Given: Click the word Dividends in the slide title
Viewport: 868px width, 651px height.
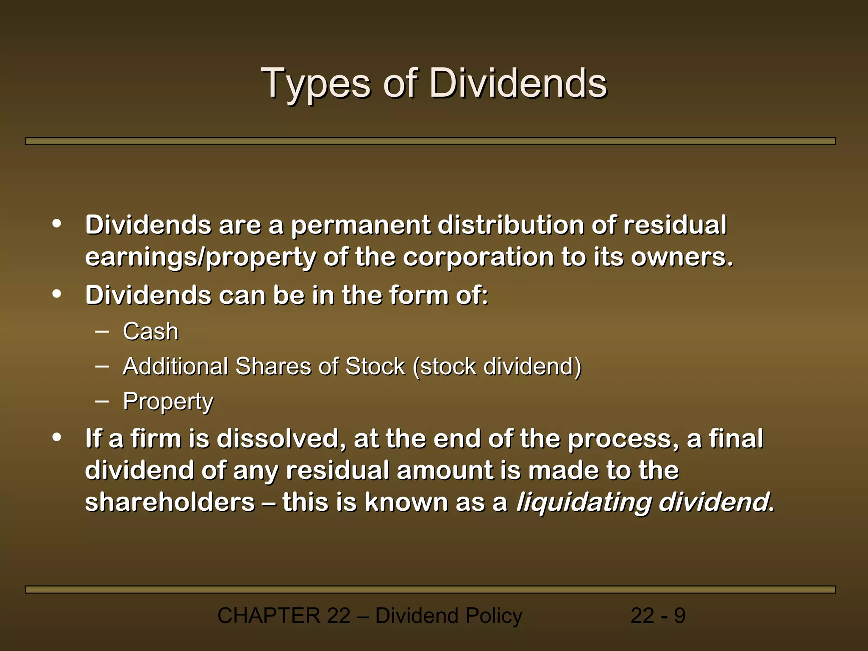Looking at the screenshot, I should point(518,83).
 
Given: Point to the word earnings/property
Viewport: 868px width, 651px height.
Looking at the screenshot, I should point(200,257).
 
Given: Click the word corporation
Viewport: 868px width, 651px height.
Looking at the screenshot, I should point(478,257).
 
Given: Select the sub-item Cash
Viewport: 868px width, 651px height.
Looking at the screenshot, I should point(150,331).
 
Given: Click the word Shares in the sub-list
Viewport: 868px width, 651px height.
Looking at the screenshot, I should point(273,366).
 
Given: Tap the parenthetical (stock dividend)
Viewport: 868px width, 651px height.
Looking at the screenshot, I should point(497,366).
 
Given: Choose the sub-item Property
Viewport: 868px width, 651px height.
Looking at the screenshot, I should point(168,401).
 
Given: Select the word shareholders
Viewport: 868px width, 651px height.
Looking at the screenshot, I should point(170,502).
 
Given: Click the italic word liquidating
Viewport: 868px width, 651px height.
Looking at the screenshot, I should point(583,502).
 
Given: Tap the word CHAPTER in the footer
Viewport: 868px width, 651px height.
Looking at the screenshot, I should point(268,615).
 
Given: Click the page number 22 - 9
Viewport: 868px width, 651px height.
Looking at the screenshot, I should point(658,615).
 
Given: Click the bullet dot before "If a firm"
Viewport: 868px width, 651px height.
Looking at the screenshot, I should point(57,437).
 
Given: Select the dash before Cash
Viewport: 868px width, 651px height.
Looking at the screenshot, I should point(102,331).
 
